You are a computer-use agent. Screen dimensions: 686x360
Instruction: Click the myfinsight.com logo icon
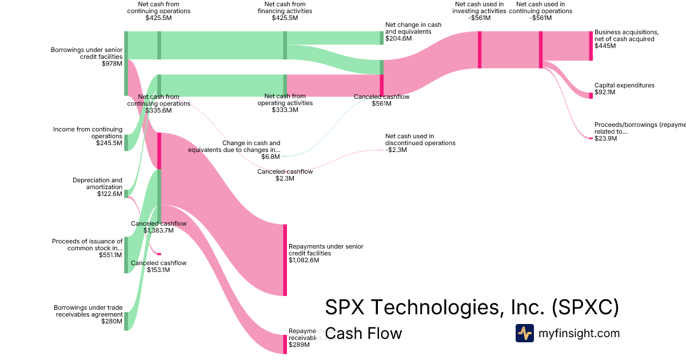tap(525, 333)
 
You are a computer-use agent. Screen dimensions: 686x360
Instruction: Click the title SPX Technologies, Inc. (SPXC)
tap(472, 307)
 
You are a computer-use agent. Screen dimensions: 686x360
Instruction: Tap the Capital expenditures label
tap(624, 85)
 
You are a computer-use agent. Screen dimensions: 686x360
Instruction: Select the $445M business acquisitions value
tap(605, 46)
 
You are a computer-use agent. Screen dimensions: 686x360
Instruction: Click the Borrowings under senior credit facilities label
tap(86, 53)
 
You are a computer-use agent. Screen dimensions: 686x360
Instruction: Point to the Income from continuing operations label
tap(87, 133)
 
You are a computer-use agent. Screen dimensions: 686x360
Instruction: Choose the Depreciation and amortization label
tap(97, 183)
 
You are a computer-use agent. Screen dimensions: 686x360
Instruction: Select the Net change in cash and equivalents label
tap(413, 28)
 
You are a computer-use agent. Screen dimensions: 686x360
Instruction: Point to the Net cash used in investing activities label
tap(480, 7)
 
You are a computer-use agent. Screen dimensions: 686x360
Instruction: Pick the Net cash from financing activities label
tap(285, 7)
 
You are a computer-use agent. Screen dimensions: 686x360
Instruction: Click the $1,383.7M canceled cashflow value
tap(158, 230)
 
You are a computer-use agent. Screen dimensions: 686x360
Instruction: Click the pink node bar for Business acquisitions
tap(591, 46)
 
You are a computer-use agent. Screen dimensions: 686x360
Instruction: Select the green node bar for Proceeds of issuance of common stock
tap(126, 255)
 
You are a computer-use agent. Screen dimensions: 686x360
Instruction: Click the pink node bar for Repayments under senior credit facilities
tap(285, 260)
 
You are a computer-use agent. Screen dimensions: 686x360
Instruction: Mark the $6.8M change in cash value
tap(270, 156)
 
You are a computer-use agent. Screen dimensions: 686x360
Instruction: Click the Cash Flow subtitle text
tap(364, 333)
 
